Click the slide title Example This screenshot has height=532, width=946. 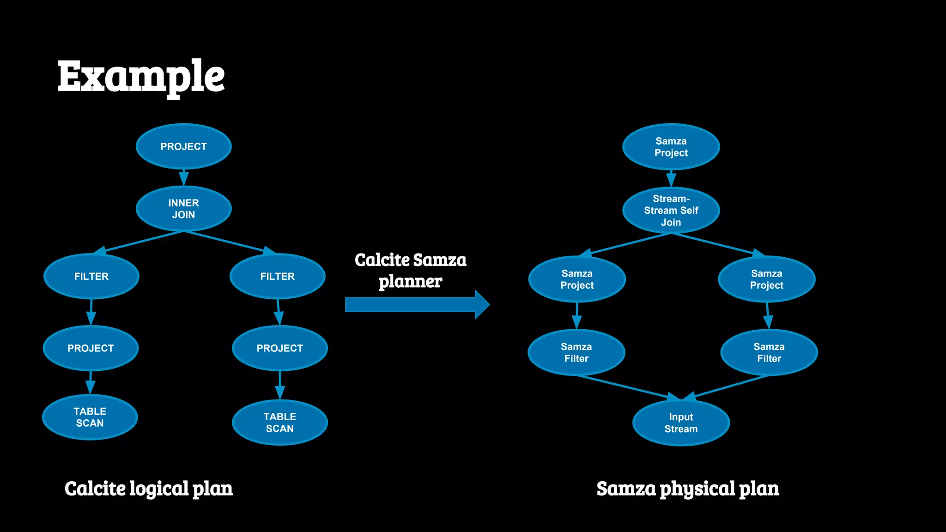point(141,76)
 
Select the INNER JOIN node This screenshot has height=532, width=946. point(184,209)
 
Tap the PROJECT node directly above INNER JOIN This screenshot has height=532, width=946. point(184,146)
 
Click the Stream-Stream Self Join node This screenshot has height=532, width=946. point(671,211)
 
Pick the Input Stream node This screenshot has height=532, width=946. point(681,423)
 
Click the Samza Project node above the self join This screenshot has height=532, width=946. point(671,147)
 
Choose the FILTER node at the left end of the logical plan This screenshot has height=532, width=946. point(91,276)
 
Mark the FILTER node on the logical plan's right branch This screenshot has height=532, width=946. point(277,276)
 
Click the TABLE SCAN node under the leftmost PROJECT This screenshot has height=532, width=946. point(90,417)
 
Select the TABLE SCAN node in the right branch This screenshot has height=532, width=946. point(280,423)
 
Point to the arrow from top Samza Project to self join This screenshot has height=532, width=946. point(671,178)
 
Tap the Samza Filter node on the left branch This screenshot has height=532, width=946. point(576,352)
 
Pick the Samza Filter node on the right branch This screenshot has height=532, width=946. point(769,352)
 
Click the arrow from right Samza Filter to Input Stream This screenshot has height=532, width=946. point(730,387)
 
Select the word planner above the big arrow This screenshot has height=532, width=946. point(410,282)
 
